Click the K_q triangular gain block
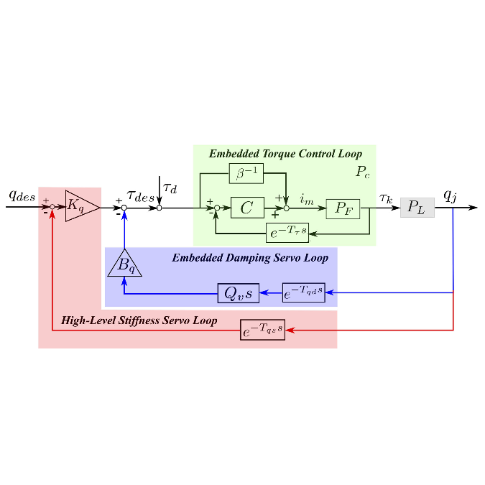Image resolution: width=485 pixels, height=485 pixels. tap(79, 207)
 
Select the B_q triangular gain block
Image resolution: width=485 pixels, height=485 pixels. tap(125, 264)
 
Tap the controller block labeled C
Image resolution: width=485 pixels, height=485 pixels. tap(247, 208)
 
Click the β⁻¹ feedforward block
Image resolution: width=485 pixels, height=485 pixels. tap(246, 174)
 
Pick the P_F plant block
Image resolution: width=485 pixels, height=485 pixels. tap(343, 208)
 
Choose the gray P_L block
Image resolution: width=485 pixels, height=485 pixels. tap(417, 207)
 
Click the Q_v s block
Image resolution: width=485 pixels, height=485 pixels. tap(239, 292)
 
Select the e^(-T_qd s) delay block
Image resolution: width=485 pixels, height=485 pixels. tap(303, 292)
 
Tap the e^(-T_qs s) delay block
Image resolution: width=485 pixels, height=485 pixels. tap(262, 331)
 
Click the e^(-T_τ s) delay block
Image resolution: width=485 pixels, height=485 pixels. tap(287, 233)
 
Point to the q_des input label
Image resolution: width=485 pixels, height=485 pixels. tap(22, 195)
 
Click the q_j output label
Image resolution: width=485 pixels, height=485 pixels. tap(450, 195)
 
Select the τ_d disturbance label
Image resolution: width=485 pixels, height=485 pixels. tap(170, 188)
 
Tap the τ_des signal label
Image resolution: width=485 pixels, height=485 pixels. tap(140, 195)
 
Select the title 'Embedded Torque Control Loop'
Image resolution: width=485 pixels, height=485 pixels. tap(285, 154)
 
